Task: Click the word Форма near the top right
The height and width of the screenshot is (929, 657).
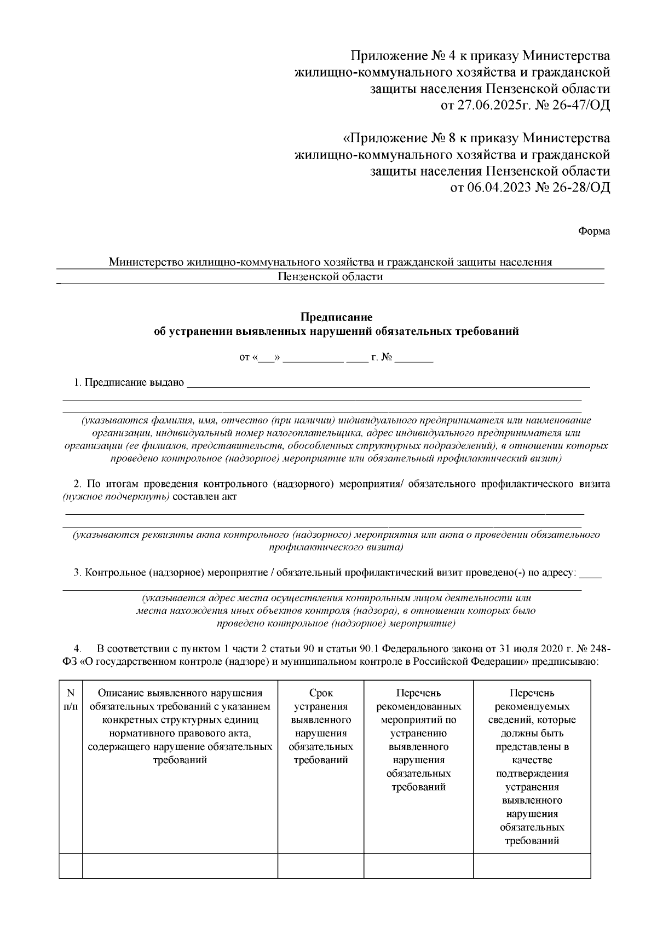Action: [x=594, y=231]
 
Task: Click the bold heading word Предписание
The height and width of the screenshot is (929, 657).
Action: [x=336, y=317]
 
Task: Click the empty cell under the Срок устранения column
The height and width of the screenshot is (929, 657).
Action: [x=321, y=866]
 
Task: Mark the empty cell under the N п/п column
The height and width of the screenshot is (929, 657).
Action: [x=71, y=866]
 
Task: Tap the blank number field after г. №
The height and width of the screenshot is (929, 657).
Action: [x=414, y=359]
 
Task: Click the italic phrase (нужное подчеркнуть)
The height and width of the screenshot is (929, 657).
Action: [x=116, y=497]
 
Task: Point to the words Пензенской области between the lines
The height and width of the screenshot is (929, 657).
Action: [x=330, y=277]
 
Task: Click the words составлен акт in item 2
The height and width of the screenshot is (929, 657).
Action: [x=204, y=497]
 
